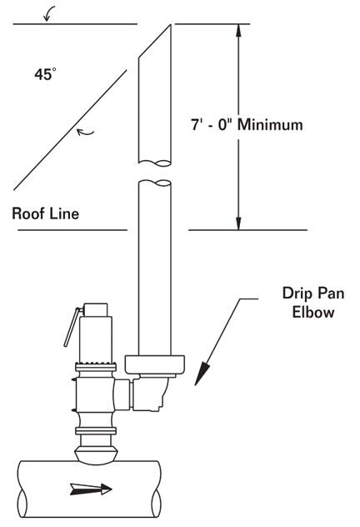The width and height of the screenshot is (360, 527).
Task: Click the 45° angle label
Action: tap(45, 74)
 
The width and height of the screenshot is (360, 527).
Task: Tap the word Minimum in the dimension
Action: tap(270, 125)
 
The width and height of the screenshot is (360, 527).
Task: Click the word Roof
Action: tap(27, 213)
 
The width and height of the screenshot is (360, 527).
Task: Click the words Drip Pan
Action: tap(313, 294)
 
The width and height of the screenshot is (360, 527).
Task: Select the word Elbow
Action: tap(313, 312)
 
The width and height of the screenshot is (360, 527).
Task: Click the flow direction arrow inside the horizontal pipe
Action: tap(91, 489)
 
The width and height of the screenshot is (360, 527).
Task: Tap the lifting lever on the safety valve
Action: tap(72, 327)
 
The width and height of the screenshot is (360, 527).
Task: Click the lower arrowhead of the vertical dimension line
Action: tap(238, 223)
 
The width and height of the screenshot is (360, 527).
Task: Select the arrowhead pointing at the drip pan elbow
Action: tap(202, 374)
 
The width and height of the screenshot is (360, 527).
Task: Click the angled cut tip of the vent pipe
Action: tap(170, 25)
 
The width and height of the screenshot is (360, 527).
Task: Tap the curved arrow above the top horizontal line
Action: tap(49, 13)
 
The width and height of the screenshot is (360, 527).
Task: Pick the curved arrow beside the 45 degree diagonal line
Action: tap(85, 133)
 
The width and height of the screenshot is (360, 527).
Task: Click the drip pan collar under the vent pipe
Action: tap(154, 364)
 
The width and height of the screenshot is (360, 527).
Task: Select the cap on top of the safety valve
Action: tap(95, 310)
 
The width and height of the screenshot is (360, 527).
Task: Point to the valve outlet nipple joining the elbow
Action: tap(122, 394)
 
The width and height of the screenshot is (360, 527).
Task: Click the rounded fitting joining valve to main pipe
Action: tap(96, 454)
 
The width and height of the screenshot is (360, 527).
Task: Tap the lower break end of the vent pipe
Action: tap(155, 183)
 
